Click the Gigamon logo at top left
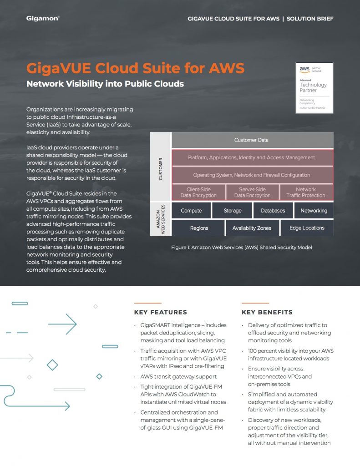pyautogui.click(x=43, y=19)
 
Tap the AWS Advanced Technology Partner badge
pyautogui.click(x=314, y=87)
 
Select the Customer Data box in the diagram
pyautogui.click(x=251, y=140)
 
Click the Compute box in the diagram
pyautogui.click(x=191, y=211)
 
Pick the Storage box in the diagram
pyautogui.click(x=232, y=211)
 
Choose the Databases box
pyautogui.click(x=273, y=211)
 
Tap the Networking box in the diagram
pyautogui.click(x=314, y=211)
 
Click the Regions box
pyautogui.click(x=199, y=228)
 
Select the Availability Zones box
pyautogui.click(x=252, y=228)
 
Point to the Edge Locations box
pyautogui.click(x=307, y=228)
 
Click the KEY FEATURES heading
pyautogui.click(x=160, y=312)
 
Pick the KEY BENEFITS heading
pyautogui.click(x=267, y=312)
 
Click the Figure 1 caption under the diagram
pyautogui.click(x=242, y=247)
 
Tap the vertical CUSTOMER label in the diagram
pyautogui.click(x=161, y=168)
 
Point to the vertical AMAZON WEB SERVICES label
pyautogui.click(x=161, y=219)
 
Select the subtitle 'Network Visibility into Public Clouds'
pyautogui.click(x=105, y=84)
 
